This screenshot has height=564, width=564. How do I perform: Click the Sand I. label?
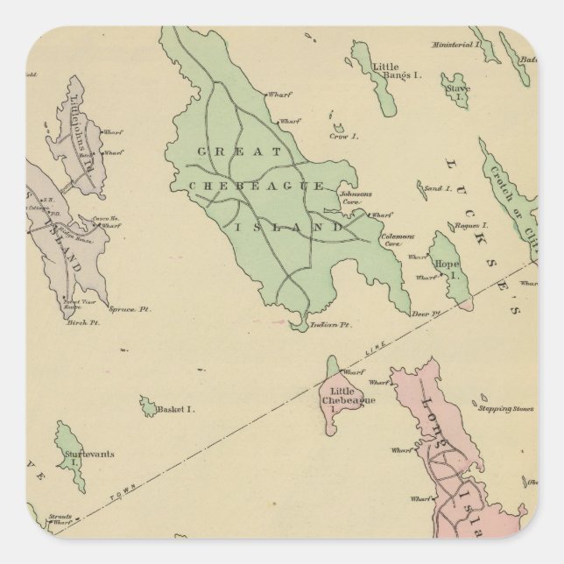pyautogui.click(x=436, y=187)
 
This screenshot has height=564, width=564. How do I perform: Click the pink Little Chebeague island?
pyautogui.click(x=337, y=407)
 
